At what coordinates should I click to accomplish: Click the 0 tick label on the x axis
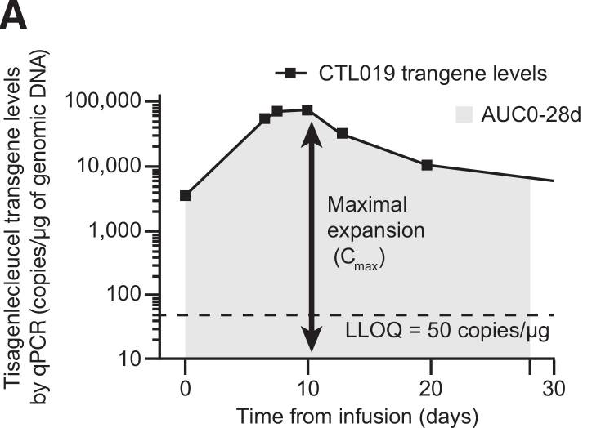coord(186,385)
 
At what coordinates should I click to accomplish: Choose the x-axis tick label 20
coord(431,385)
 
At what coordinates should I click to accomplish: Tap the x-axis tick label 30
coord(554,385)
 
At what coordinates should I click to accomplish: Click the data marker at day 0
coord(186,195)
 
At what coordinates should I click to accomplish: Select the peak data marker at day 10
coord(307,109)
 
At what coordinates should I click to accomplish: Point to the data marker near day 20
coord(427,165)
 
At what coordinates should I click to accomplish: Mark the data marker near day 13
coord(342,133)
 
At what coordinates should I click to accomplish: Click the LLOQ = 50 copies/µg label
coord(447,334)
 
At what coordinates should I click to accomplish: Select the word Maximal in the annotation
coord(366,204)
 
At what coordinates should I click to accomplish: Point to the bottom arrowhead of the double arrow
coord(308,346)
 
